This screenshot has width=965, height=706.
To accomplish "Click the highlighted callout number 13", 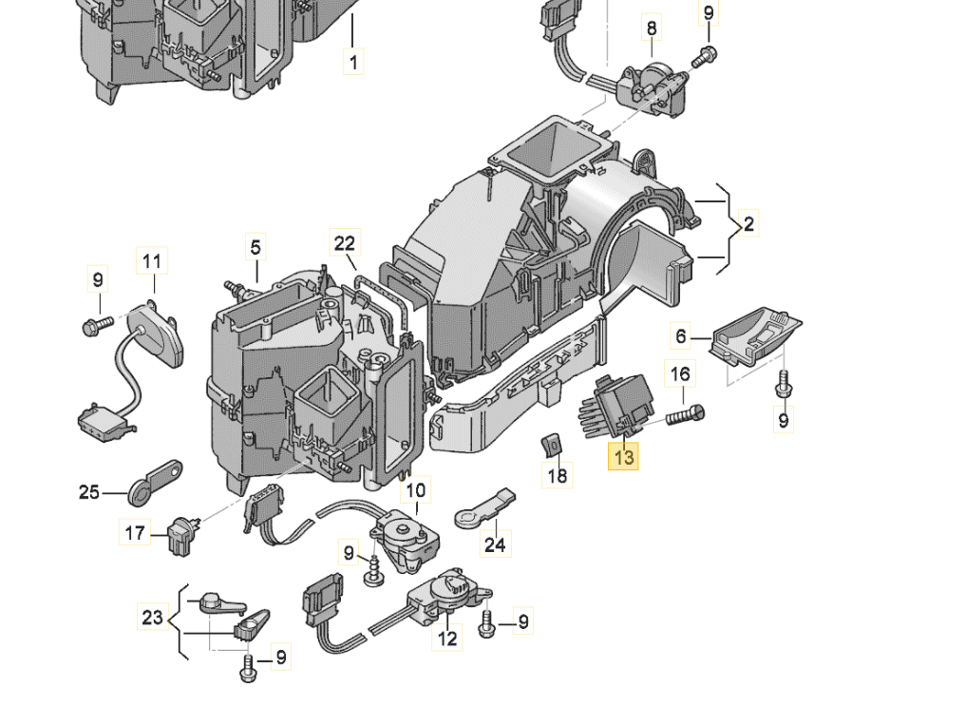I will pyautogui.click(x=623, y=457).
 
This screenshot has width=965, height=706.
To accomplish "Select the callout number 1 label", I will pyautogui.click(x=352, y=63).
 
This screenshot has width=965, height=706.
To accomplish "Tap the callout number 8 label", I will pyautogui.click(x=652, y=29).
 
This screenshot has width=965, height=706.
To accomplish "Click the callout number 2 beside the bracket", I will pyautogui.click(x=748, y=224).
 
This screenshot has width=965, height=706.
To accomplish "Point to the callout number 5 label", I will pyautogui.click(x=255, y=248).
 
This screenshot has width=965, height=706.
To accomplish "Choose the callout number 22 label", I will pyautogui.click(x=344, y=243).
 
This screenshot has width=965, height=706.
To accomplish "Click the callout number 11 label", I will pyautogui.click(x=153, y=259).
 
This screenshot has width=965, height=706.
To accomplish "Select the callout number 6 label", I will pyautogui.click(x=680, y=334).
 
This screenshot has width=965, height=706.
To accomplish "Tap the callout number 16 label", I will pyautogui.click(x=680, y=374).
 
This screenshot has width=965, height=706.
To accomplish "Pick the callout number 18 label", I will pyautogui.click(x=558, y=475).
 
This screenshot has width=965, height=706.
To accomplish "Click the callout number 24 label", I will pyautogui.click(x=496, y=544).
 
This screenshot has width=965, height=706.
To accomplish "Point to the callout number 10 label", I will pyautogui.click(x=416, y=491).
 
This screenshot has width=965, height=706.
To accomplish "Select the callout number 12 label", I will pyautogui.click(x=446, y=639).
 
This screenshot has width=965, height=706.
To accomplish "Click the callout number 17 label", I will pyautogui.click(x=135, y=533).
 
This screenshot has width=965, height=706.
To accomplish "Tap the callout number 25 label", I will pyautogui.click(x=88, y=492).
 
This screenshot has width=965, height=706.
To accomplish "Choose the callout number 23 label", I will pyautogui.click(x=152, y=618).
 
